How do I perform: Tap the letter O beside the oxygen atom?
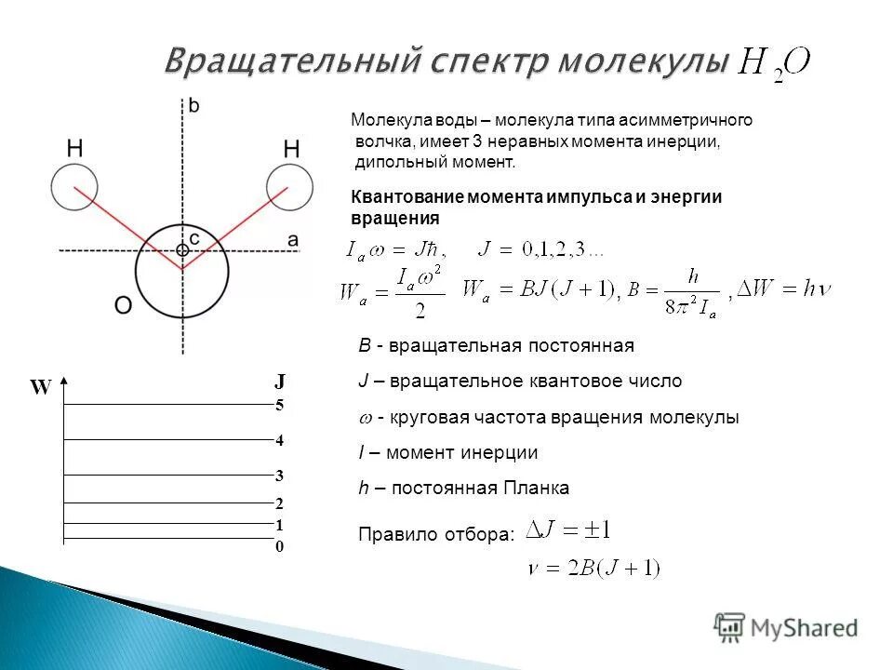(124, 306)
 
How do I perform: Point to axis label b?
(193, 106)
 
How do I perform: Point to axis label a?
(293, 239)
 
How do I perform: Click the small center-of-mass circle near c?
(182, 249)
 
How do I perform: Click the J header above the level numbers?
(279, 382)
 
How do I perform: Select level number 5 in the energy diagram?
(279, 406)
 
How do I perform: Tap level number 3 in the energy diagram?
(279, 476)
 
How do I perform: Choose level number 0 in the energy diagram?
(279, 547)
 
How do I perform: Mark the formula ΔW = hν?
(783, 289)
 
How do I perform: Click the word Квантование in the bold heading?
(406, 196)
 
